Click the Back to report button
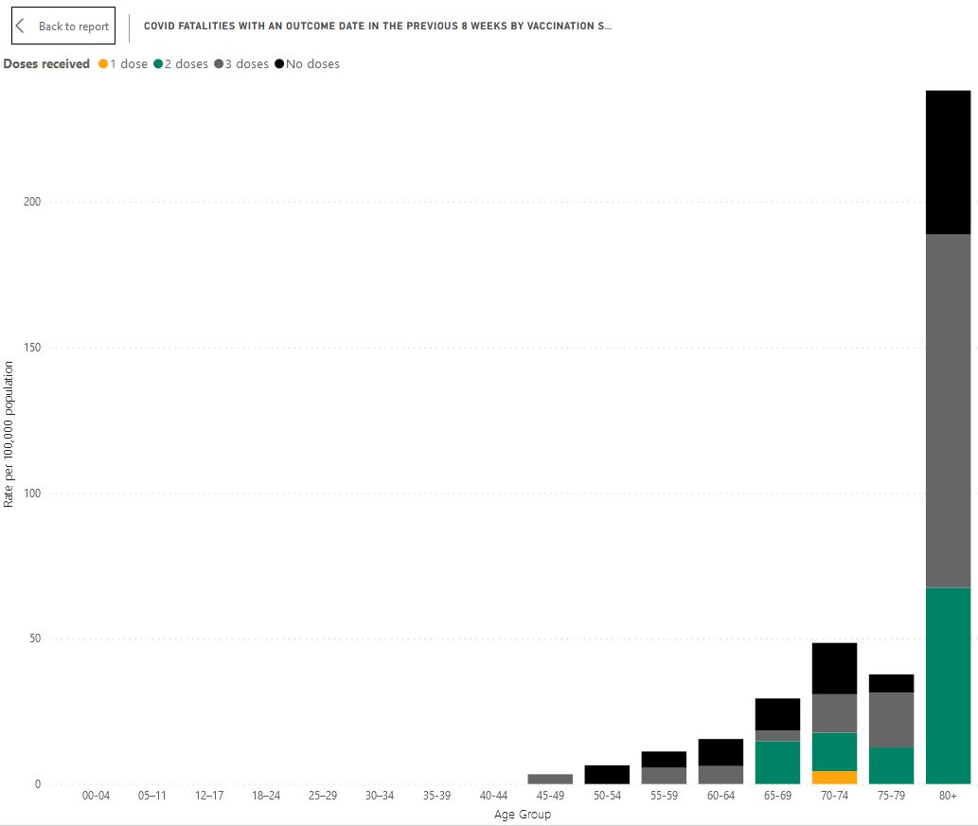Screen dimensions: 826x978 [62, 27]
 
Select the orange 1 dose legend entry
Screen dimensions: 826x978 [123, 64]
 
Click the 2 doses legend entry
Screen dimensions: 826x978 [180, 64]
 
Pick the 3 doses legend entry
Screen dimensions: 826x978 [241, 64]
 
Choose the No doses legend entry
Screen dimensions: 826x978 [307, 64]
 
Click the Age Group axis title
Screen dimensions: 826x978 [522, 815]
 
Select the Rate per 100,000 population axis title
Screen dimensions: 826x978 [9, 434]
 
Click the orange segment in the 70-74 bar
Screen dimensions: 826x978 [834, 778]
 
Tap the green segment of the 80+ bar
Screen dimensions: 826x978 [948, 686]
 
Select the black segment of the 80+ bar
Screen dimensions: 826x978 [948, 162]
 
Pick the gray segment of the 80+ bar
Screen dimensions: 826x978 [948, 411]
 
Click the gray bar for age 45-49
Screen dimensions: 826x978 [550, 780]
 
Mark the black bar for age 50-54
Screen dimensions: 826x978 [607, 775]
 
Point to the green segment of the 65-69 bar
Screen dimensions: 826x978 [777, 763]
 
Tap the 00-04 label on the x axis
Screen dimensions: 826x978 [96, 797]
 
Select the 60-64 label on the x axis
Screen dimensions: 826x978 [720, 797]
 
